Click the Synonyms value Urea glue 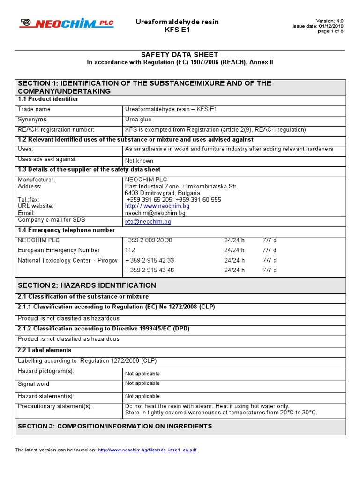[x=138, y=120]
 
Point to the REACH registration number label [x=56, y=129]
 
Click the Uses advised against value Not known [x=139, y=160]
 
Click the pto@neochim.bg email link [x=148, y=221]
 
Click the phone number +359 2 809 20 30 [x=149, y=240]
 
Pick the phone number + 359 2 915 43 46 [x=150, y=270]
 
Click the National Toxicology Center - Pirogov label [x=67, y=260]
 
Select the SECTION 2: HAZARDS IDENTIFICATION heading [x=87, y=285]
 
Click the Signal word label [x=33, y=384]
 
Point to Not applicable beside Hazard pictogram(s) [x=142, y=374]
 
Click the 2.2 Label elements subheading [x=45, y=350]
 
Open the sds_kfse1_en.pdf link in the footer [x=147, y=450]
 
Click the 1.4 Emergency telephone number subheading [x=66, y=230]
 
